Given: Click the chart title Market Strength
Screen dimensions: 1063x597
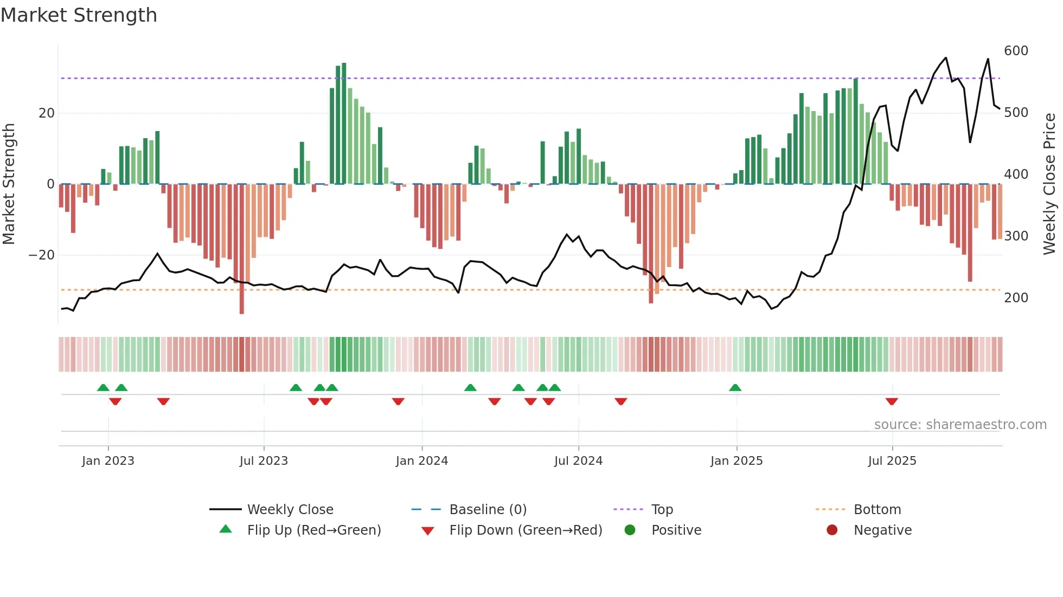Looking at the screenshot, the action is tap(79, 15).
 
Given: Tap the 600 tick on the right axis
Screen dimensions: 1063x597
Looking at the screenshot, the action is tap(1016, 51).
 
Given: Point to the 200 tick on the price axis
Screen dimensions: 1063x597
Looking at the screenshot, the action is tap(1016, 298).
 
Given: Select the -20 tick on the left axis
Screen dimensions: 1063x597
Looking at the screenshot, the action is tap(42, 255).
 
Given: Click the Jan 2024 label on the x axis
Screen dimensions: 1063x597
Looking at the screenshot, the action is tap(422, 461).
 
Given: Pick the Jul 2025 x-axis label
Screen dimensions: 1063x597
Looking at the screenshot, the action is tap(892, 461).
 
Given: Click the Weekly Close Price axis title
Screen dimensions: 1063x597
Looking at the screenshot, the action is tap(1049, 184).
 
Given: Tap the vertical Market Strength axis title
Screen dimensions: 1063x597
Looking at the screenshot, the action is tap(9, 184).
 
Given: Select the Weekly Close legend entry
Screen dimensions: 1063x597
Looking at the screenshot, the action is tap(290, 510).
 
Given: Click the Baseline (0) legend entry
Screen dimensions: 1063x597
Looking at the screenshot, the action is tap(488, 510).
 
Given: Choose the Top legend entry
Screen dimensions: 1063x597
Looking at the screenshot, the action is tap(662, 510).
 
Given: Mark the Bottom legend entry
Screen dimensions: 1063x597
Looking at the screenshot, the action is tap(877, 510).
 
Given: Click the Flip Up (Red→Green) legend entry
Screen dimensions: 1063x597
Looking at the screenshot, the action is tap(313, 530).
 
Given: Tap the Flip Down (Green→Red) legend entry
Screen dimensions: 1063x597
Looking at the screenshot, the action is tap(526, 530).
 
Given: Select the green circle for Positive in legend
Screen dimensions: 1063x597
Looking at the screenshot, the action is tap(630, 530).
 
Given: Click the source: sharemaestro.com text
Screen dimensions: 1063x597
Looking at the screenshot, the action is tap(960, 425).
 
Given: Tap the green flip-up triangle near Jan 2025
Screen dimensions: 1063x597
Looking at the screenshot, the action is tap(735, 388).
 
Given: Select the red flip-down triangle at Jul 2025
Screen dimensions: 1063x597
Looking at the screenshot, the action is tap(892, 401).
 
